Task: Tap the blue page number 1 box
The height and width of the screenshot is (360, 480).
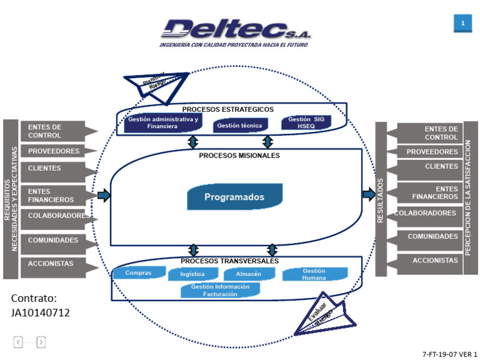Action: (462, 23)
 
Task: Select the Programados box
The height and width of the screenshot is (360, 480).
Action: (234, 197)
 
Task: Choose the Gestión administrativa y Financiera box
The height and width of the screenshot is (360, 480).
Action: (162, 122)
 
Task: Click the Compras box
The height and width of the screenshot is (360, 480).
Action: (138, 273)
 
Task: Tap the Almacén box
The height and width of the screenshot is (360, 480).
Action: (248, 274)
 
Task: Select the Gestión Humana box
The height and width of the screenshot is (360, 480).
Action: (314, 274)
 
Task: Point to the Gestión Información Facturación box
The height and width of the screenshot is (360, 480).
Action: (221, 290)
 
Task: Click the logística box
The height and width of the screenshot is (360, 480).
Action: (192, 274)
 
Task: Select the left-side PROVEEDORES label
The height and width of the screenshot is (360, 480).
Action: (55, 151)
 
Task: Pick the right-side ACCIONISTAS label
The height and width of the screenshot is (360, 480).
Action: (431, 261)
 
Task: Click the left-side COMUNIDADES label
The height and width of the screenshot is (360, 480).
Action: (55, 240)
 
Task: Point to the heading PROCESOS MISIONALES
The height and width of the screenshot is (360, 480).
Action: (239, 156)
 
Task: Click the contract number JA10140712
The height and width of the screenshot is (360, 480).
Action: (40, 312)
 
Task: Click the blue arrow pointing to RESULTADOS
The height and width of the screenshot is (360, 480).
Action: (368, 195)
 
